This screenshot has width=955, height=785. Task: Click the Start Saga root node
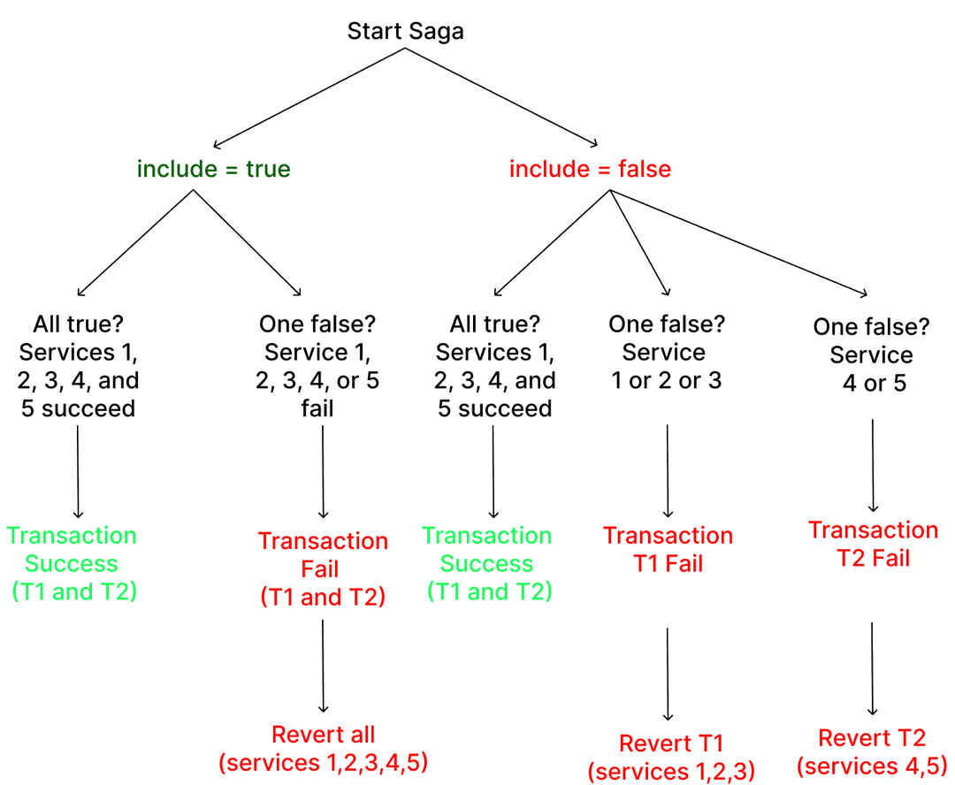pyautogui.click(x=405, y=32)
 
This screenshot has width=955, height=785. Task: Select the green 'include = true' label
pyautogui.click(x=213, y=169)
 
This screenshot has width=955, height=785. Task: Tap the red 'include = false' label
pyautogui.click(x=590, y=169)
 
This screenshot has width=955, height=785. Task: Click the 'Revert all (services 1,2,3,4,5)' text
pyautogui.click(x=324, y=748)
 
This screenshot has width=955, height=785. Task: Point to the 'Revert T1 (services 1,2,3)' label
pyautogui.click(x=671, y=756)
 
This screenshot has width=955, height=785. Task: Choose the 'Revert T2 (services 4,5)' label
pyautogui.click(x=873, y=751)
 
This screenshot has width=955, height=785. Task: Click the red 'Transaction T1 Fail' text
pyautogui.click(x=668, y=550)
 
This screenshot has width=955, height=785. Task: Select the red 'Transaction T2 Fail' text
pyautogui.click(x=873, y=545)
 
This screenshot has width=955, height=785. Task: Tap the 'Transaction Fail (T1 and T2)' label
pyautogui.click(x=323, y=568)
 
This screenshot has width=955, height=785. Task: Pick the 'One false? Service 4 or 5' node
pyautogui.click(x=871, y=355)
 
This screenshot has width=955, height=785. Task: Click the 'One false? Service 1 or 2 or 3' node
pyautogui.click(x=667, y=353)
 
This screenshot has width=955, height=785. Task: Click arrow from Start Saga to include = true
pyautogui.click(x=309, y=96)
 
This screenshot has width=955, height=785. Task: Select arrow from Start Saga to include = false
pyautogui.click(x=501, y=96)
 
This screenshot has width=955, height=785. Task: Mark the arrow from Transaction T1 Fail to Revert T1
pyautogui.click(x=668, y=672)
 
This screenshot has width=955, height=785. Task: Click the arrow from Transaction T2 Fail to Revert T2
pyautogui.click(x=873, y=667)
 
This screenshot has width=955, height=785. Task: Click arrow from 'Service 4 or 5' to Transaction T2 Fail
pyautogui.click(x=874, y=465)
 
